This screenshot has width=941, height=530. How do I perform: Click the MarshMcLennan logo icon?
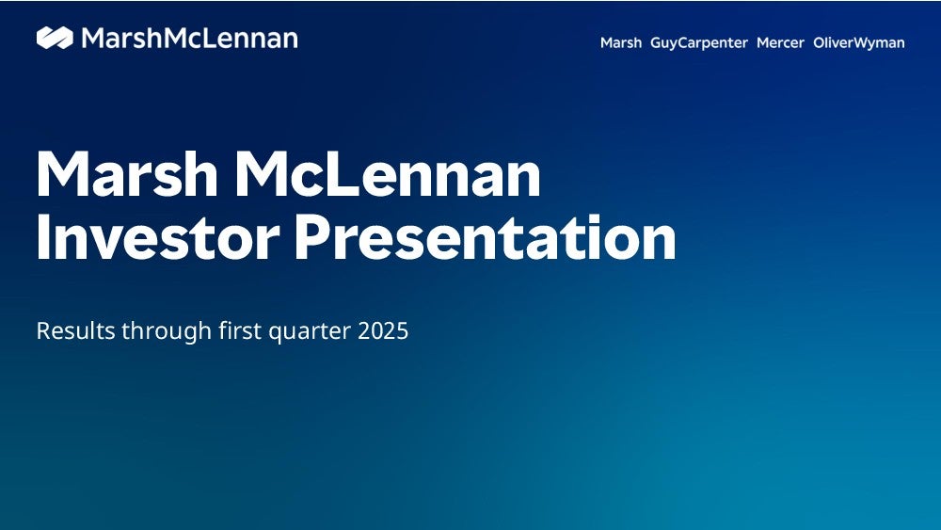coord(55,38)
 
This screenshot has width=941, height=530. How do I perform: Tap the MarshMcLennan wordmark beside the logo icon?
coord(190,39)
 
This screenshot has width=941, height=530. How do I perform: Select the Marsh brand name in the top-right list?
coord(621,42)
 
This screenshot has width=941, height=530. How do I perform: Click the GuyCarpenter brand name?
coord(699,43)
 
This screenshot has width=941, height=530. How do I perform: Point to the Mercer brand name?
coord(780,42)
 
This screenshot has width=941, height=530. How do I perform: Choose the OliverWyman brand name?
coord(859,43)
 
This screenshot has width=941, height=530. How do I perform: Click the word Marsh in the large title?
coord(127,174)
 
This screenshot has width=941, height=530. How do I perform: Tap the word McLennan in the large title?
coord(388,174)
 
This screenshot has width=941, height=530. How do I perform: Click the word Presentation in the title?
coord(486,237)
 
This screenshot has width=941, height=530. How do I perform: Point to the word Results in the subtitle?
coord(75,330)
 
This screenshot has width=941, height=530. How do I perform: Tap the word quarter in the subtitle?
coord(310,332)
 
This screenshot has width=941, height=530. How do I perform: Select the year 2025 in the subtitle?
coord(383,330)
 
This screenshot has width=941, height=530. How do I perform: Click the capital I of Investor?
coord(42,237)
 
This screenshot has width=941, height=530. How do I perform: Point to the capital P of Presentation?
coord(312,237)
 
